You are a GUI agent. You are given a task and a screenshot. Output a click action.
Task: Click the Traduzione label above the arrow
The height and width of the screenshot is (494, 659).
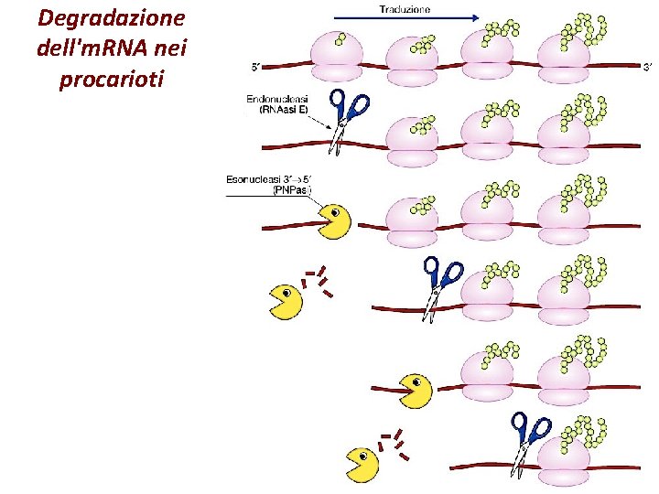coord(404,8)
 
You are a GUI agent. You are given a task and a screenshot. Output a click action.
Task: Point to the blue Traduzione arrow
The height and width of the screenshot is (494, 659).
coord(406,17)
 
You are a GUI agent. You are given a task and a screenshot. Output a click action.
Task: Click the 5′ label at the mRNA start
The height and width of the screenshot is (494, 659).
coord(258,67)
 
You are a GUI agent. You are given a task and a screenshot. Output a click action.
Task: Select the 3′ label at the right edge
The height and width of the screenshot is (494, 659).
coord(648,67)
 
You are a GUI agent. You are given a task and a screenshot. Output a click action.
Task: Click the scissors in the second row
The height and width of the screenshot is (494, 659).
coord(345,116)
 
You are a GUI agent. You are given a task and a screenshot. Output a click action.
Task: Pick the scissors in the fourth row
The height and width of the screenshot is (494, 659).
coord(438,286)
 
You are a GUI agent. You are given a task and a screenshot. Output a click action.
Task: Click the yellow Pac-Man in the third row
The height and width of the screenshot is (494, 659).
coord(334,221)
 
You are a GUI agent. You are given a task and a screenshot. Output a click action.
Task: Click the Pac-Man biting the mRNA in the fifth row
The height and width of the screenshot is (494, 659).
coord(416,390)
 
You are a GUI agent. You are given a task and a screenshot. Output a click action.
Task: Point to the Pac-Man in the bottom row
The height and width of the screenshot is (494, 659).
coord(362,463)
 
